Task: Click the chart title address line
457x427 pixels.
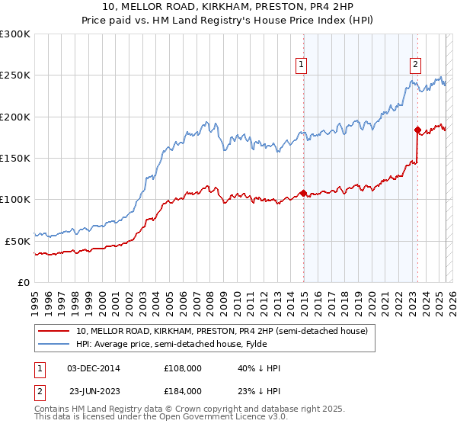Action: coord(228,7)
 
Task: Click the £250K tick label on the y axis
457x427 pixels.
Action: coord(15,75)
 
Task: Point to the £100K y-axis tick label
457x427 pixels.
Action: coord(15,199)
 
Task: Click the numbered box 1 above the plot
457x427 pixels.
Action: coord(302,66)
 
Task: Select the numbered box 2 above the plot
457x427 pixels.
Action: coord(417,66)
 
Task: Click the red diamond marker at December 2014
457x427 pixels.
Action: coord(303,193)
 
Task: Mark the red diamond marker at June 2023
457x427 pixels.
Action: coord(418,130)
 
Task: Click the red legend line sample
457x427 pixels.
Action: coord(54,331)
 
